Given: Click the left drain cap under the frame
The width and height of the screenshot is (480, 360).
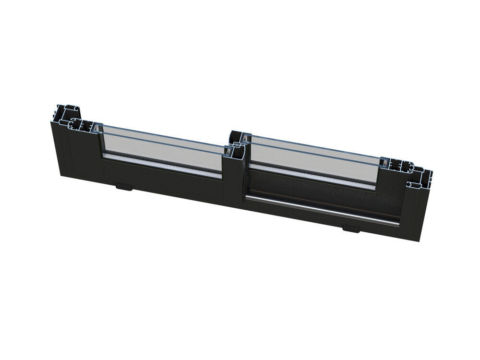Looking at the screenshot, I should pyautogui.click(x=123, y=186).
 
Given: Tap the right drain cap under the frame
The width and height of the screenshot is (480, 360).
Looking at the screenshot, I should pyautogui.click(x=350, y=228).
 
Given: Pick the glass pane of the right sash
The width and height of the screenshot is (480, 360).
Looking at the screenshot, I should pyautogui.click(x=312, y=158).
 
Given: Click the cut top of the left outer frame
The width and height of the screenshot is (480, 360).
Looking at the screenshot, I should pyautogui.click(x=65, y=113).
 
